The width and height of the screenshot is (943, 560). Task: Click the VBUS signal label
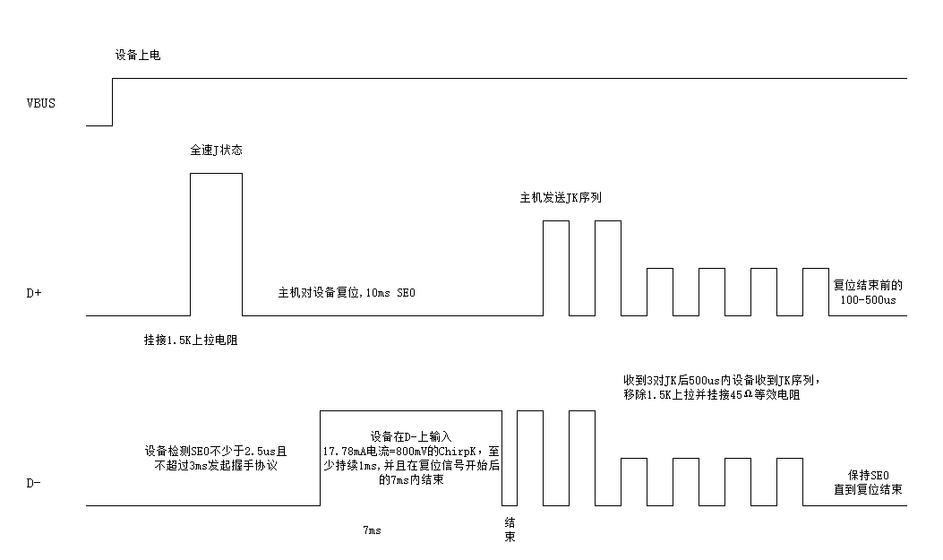[x=41, y=103]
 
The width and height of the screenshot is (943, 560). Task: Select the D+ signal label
[x=35, y=292]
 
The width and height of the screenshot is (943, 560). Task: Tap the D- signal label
[x=34, y=483]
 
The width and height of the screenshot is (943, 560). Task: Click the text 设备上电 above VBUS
[x=138, y=56]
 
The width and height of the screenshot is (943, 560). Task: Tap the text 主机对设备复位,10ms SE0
[x=348, y=293]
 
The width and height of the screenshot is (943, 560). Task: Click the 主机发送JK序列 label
[x=561, y=197]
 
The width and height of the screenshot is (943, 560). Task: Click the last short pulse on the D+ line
[x=816, y=291]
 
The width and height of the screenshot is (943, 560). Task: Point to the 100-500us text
[x=868, y=300]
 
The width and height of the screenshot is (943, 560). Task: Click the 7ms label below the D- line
[x=372, y=530]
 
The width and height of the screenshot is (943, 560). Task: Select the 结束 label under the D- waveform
[x=509, y=530]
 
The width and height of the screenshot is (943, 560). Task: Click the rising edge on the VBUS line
[x=113, y=102]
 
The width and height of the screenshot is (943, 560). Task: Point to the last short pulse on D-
[x=789, y=482]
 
